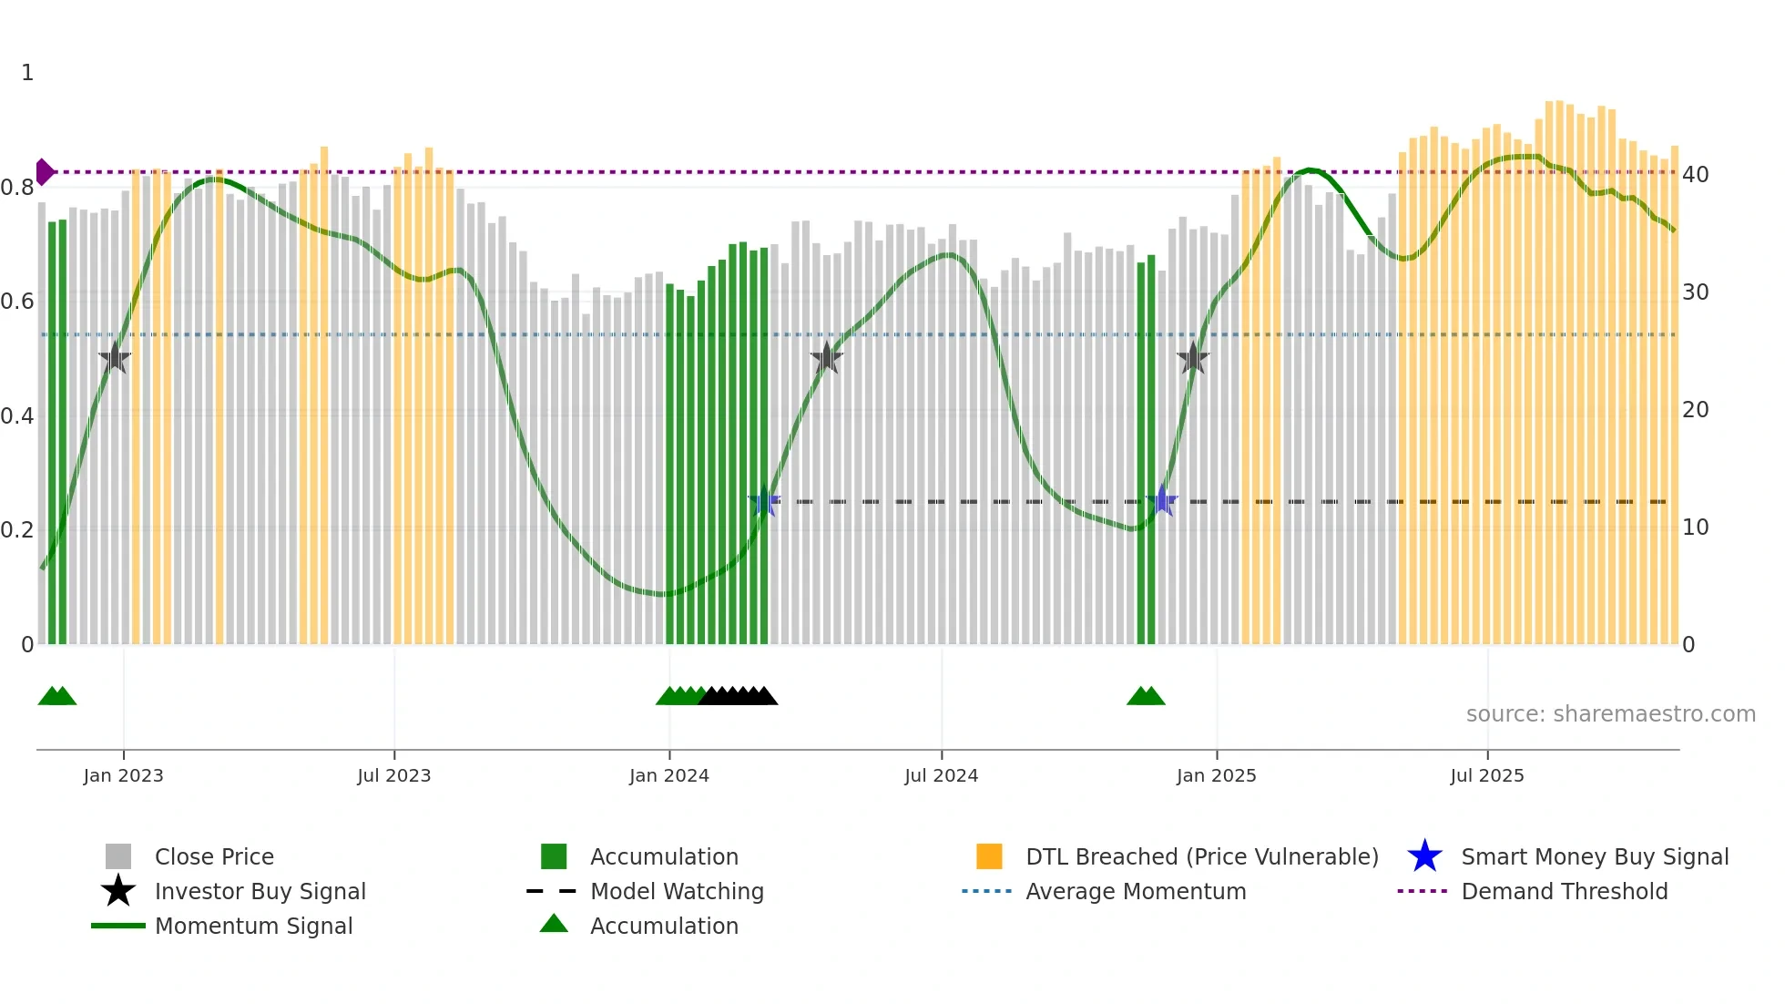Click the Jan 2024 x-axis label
[x=668, y=775]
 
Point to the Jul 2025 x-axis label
[x=1486, y=775]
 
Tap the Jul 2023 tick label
[x=393, y=775]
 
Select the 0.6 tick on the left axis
[x=17, y=302]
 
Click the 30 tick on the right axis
[x=1695, y=292]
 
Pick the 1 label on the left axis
[x=27, y=73]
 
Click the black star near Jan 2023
[x=115, y=359]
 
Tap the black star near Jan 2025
[x=1192, y=359]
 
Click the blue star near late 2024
[x=1161, y=501]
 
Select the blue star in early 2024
[x=764, y=501]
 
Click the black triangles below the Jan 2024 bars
[x=739, y=696]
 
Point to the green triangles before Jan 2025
[x=1146, y=696]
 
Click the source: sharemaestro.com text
[x=1610, y=714]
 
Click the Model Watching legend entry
[x=676, y=891]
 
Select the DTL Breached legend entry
[x=1201, y=856]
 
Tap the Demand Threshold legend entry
[x=1564, y=891]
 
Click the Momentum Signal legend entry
[x=253, y=926]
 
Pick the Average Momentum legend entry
[x=1135, y=891]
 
